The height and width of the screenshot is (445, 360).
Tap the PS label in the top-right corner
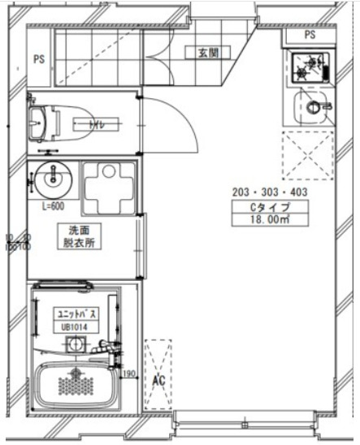tap(309, 36)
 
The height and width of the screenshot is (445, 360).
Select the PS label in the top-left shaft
tap(39, 59)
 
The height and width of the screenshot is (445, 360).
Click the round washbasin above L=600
tap(54, 177)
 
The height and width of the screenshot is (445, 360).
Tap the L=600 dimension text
tap(54, 206)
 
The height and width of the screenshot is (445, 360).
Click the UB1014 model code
tap(73, 327)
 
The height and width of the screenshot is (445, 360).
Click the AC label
tap(158, 379)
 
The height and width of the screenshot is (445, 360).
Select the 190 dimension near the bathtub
tap(127, 374)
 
